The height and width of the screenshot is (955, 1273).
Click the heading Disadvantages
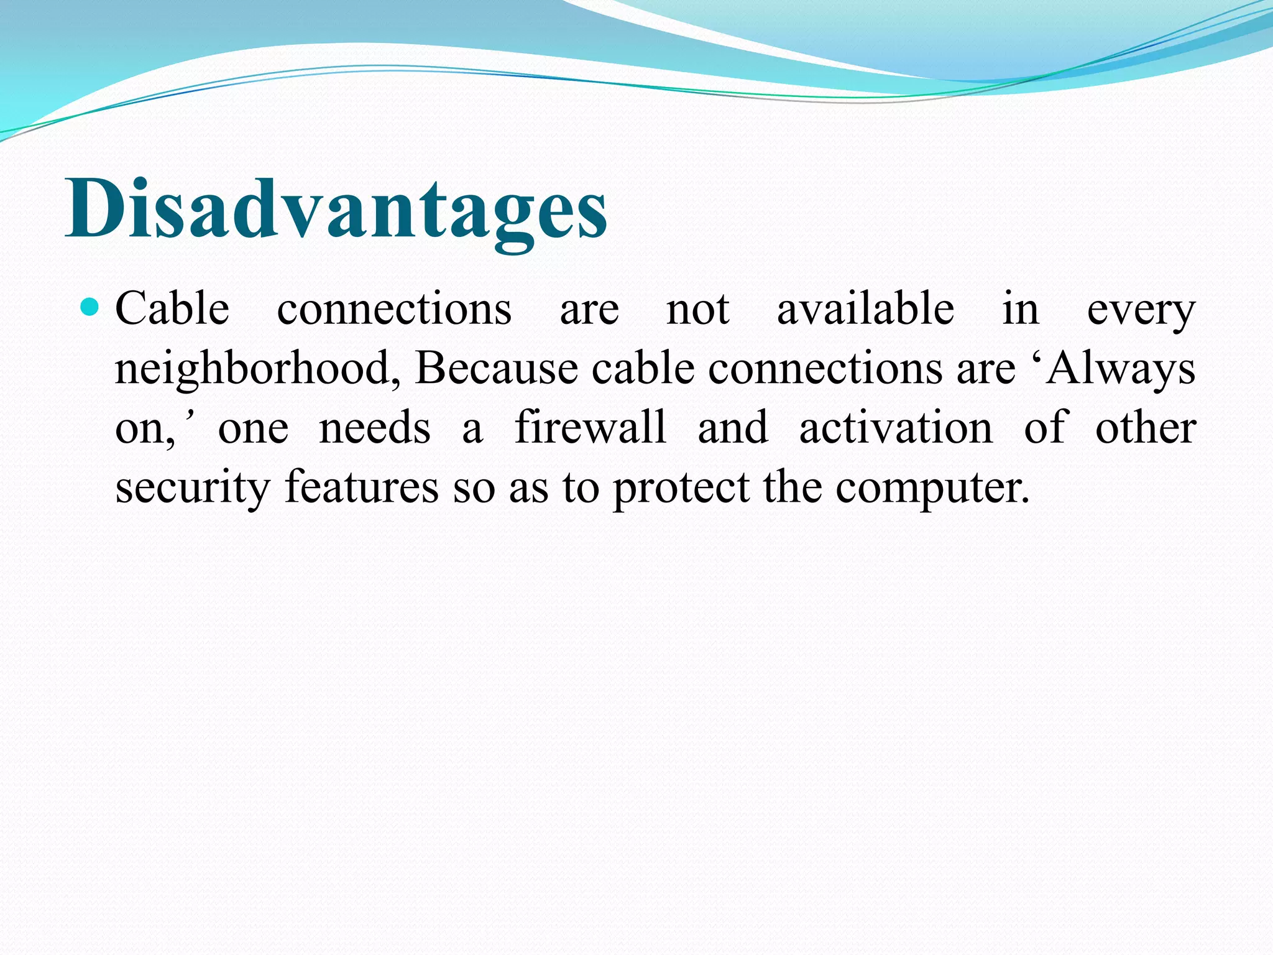pos(336,208)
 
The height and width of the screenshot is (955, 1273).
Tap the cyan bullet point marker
pos(91,307)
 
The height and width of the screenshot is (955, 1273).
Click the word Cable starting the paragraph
pos(172,309)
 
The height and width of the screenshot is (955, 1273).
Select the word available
pos(865,309)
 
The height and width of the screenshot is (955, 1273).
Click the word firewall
pos(591,428)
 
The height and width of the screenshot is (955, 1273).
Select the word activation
pos(896,428)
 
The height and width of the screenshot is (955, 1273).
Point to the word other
pos(1146,428)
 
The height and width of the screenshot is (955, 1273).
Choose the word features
pos(362,487)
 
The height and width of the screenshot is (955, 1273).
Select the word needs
pos(374,428)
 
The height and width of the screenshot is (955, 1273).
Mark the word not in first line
pos(697,309)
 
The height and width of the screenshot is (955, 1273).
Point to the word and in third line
pos(733,428)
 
